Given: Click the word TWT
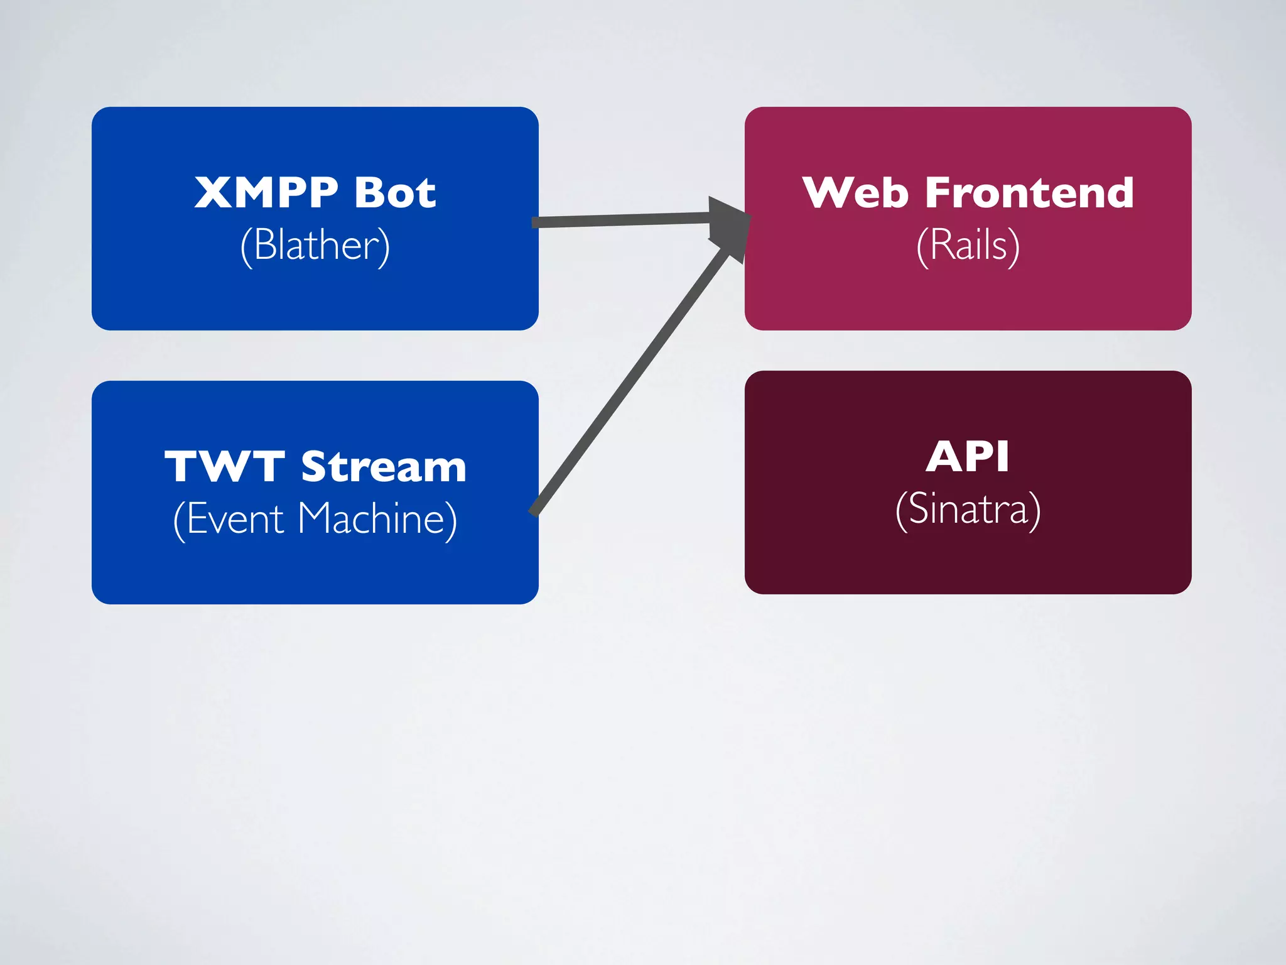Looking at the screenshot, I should point(224,467).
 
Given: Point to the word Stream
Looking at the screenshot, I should point(384,467).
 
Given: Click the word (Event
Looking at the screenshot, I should point(229,520).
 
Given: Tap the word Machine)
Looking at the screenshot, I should point(377,520).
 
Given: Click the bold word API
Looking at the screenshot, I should point(968,457).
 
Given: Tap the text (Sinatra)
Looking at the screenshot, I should point(968,510).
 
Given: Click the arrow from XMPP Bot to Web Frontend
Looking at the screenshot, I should point(622,220).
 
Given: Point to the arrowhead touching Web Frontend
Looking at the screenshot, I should point(728,223).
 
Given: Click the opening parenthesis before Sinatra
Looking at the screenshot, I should point(901,511).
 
